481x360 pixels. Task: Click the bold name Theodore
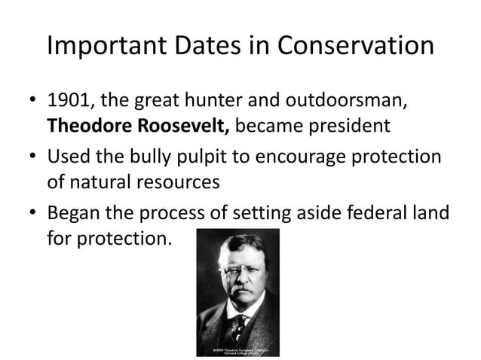(x=88, y=125)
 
